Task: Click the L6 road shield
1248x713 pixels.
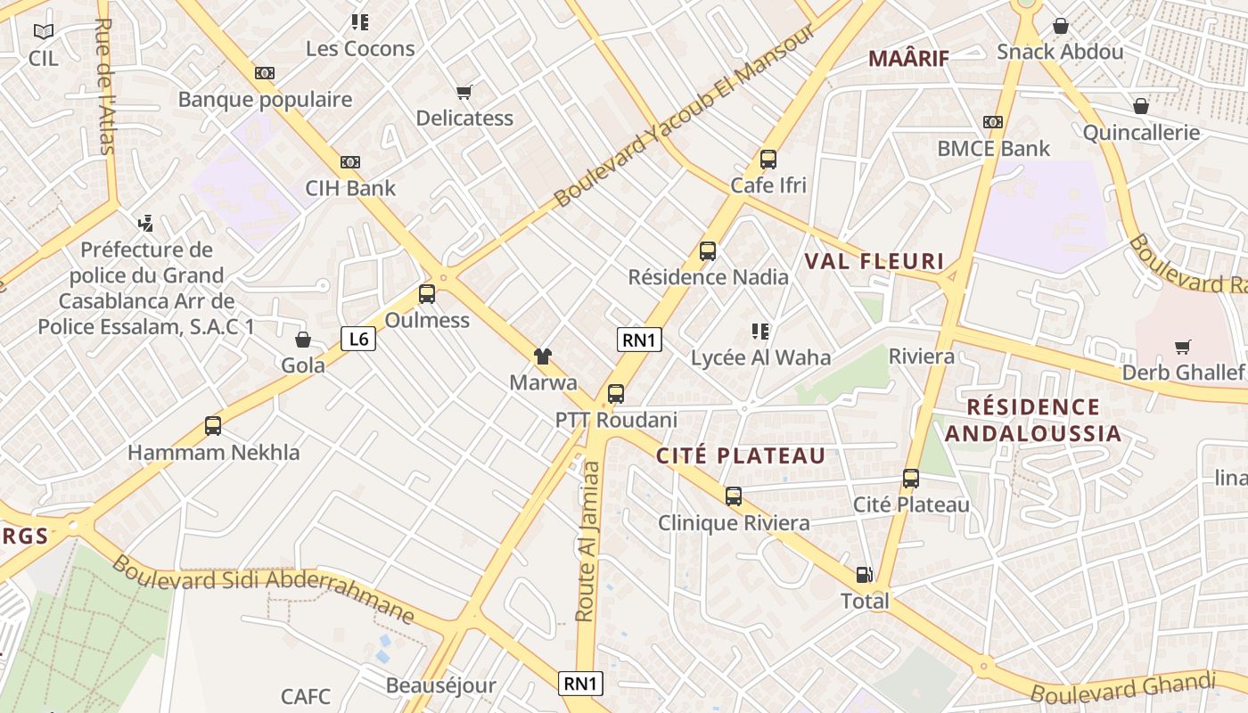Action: click(x=358, y=339)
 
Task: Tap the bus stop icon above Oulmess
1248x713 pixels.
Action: click(x=427, y=294)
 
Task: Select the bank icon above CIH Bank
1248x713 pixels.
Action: click(x=350, y=162)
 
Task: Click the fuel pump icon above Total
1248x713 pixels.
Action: click(x=864, y=575)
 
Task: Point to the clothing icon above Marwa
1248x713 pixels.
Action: click(x=542, y=357)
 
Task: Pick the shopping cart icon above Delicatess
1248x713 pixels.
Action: click(x=464, y=92)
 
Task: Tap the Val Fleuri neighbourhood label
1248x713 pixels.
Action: click(x=874, y=261)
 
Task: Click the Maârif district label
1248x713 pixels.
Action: click(x=908, y=59)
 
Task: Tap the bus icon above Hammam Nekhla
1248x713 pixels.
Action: click(x=213, y=426)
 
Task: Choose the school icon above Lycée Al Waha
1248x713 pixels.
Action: click(x=760, y=332)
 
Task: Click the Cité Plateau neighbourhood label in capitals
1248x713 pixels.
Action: click(x=741, y=455)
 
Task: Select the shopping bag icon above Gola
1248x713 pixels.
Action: click(x=303, y=340)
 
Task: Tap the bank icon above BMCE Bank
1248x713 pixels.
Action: click(x=993, y=122)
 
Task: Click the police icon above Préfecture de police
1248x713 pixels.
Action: click(x=146, y=223)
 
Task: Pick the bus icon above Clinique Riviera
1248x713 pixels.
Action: click(x=734, y=496)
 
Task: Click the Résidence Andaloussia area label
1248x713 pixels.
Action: click(x=1033, y=421)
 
